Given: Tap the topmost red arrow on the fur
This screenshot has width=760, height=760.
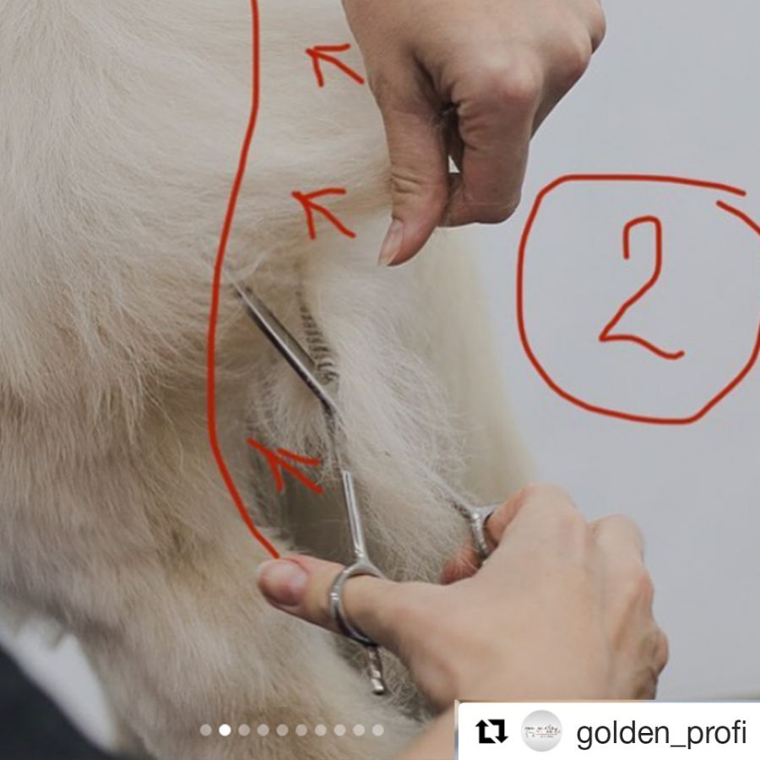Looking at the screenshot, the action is [x=334, y=63].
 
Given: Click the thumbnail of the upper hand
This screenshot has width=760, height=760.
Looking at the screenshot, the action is [x=391, y=242].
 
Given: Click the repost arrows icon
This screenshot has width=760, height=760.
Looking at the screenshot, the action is [x=491, y=731].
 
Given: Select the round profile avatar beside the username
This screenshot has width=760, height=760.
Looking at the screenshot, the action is [x=541, y=731].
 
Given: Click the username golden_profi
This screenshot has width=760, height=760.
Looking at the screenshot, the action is [x=661, y=733].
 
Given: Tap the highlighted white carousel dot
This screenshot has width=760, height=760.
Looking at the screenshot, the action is [x=225, y=730].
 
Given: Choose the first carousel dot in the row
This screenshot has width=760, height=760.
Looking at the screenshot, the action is [x=205, y=730].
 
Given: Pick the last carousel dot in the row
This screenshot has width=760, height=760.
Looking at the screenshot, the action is [x=378, y=730].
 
